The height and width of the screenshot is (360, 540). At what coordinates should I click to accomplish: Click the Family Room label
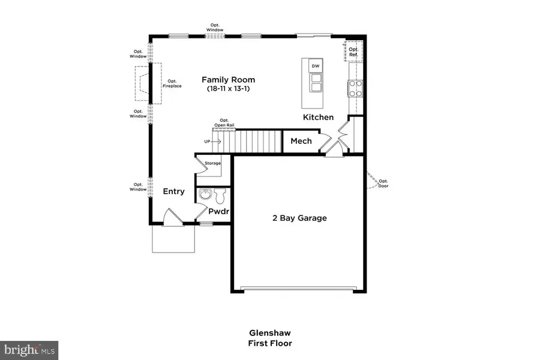(x=228, y=79)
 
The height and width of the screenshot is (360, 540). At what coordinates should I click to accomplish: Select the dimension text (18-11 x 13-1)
(x=228, y=89)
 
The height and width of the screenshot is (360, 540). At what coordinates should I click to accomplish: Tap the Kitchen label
(x=318, y=117)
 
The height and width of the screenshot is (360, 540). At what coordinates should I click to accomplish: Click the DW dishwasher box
(x=314, y=65)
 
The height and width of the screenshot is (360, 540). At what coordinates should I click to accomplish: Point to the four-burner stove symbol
(x=355, y=89)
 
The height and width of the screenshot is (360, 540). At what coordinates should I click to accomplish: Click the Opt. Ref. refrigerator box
(x=353, y=52)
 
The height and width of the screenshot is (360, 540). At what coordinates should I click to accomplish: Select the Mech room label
(x=301, y=141)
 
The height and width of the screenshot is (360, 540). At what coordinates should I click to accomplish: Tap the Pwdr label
(x=219, y=211)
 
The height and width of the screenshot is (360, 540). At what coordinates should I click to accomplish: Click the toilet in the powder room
(x=219, y=195)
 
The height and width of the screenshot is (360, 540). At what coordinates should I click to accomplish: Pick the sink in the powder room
(x=205, y=194)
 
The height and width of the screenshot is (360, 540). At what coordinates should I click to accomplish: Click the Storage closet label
(x=212, y=163)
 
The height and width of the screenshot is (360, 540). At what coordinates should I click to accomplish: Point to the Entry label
(x=174, y=191)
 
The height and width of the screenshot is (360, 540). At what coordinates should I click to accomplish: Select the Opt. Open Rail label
(x=224, y=122)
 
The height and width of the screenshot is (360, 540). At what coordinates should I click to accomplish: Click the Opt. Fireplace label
(x=172, y=83)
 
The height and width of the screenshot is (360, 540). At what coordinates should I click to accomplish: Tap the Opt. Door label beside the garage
(x=383, y=183)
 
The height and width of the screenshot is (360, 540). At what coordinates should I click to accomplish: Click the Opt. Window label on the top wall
(x=215, y=27)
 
